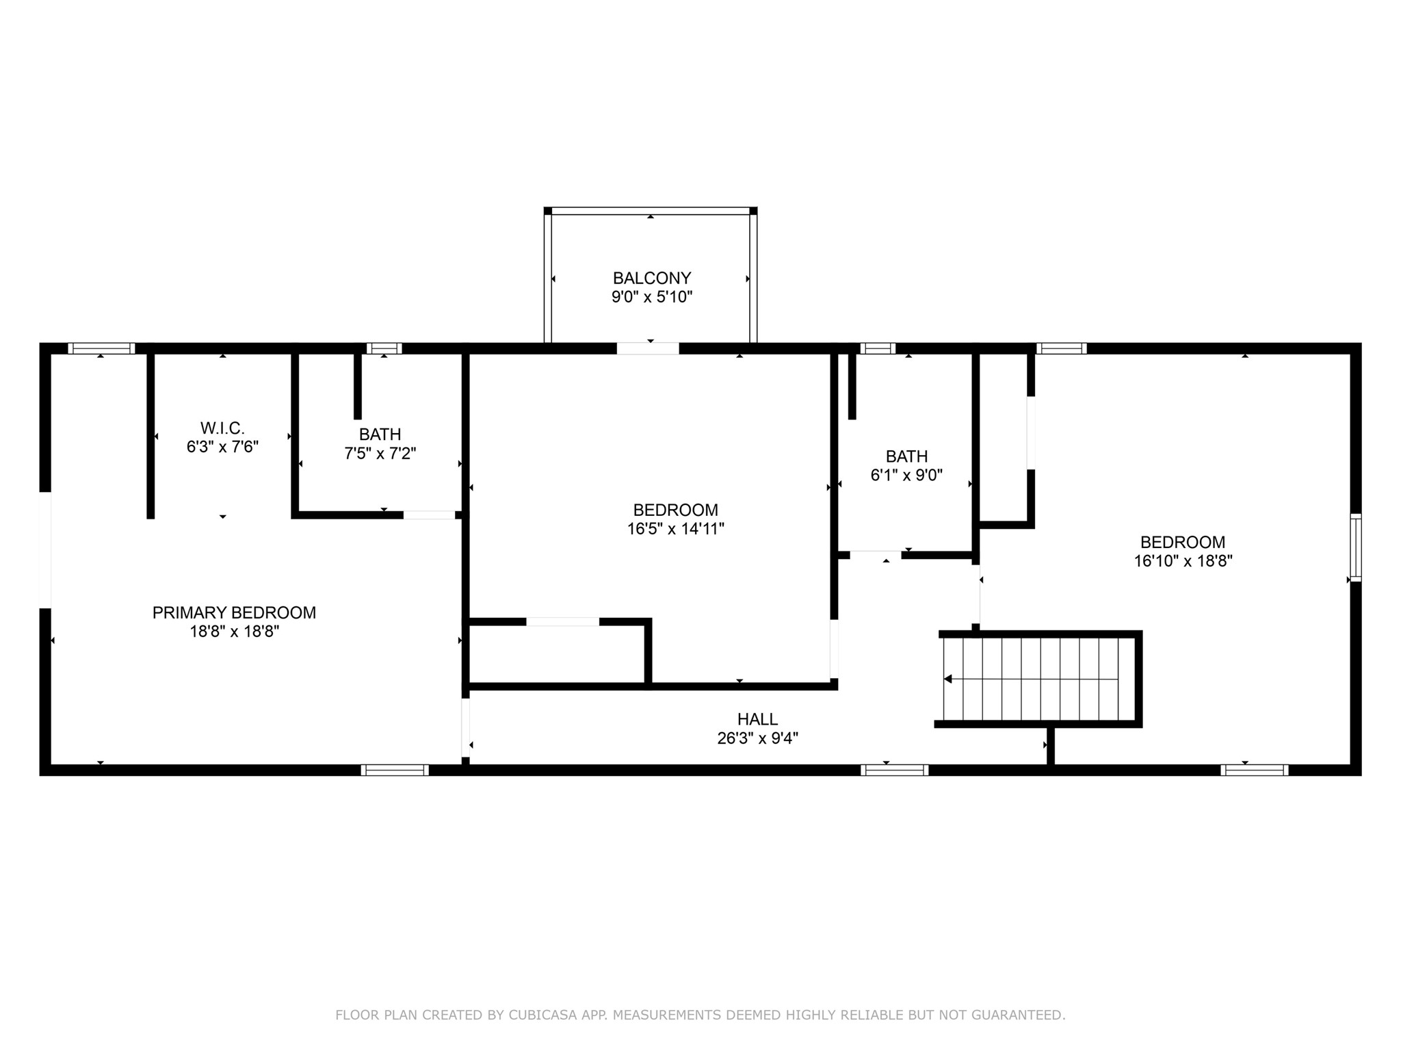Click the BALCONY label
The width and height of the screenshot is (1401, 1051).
(651, 278)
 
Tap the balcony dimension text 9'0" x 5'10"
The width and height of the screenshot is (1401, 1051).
(651, 297)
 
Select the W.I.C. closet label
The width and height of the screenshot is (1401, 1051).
(222, 428)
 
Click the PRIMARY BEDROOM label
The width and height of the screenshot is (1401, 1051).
(234, 612)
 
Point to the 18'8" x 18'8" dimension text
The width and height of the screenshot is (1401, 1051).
(234, 632)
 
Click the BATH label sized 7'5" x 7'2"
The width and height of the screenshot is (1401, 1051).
(380, 434)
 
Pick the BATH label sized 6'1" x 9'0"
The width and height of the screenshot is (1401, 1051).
(906, 456)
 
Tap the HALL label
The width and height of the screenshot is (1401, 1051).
(757, 719)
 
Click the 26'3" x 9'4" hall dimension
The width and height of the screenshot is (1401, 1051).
(757, 738)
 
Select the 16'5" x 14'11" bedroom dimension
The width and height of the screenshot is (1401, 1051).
(675, 529)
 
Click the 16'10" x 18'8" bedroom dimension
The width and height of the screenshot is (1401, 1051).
(1183, 561)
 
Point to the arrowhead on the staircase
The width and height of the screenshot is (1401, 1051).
(948, 679)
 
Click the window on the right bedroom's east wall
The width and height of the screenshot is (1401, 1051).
(1355, 547)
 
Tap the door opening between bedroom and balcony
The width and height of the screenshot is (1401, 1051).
(647, 348)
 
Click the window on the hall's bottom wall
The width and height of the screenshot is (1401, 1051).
(894, 770)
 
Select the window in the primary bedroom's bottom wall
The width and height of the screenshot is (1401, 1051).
(395, 770)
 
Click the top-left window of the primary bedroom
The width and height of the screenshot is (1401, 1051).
(101, 348)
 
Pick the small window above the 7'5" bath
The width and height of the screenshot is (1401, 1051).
(384, 348)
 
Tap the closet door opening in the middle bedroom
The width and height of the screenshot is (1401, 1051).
(562, 621)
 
